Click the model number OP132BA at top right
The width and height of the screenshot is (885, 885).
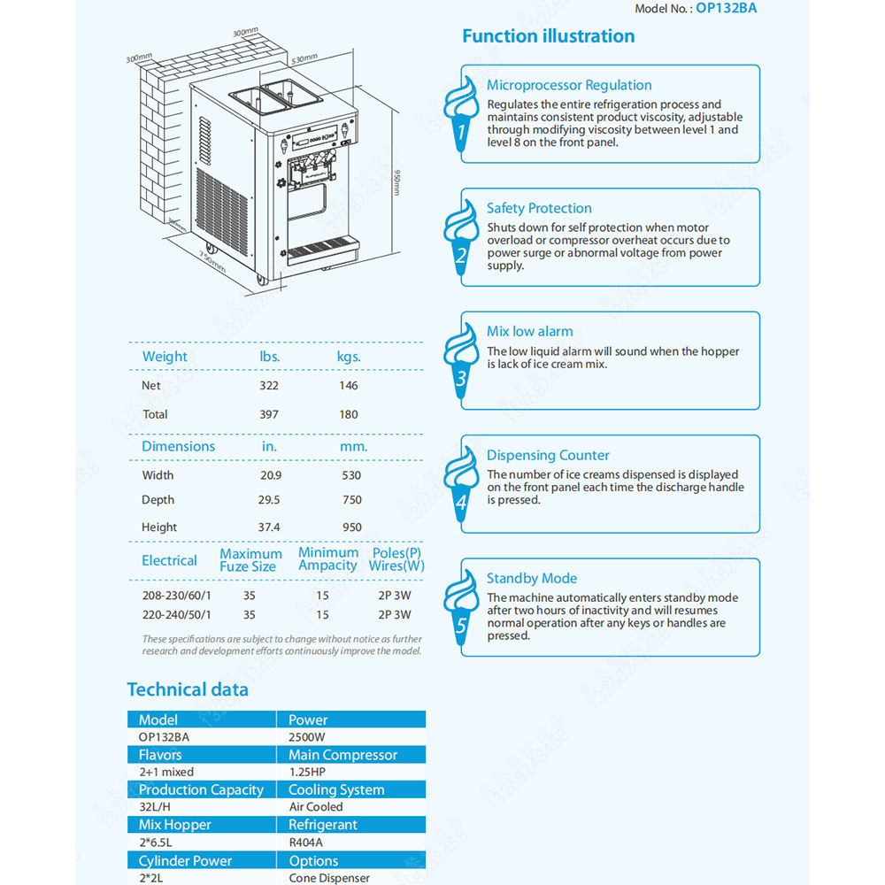tap(727, 9)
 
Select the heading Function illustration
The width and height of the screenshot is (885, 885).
tap(548, 36)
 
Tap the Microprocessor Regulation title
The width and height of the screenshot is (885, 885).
tap(569, 85)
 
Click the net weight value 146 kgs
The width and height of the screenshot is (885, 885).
tap(349, 386)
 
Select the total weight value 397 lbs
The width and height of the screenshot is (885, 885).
tap(269, 414)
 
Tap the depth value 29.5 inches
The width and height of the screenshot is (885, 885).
tap(269, 500)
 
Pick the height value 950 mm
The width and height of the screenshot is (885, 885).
tap(352, 527)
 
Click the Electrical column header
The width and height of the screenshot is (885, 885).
tap(169, 560)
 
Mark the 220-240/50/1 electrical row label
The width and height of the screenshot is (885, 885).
tap(177, 614)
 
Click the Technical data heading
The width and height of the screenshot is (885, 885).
tap(188, 689)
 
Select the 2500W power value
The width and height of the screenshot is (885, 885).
tap(308, 736)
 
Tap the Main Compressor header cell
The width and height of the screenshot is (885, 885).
tap(342, 755)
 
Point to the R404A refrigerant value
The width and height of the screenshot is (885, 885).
tap(307, 842)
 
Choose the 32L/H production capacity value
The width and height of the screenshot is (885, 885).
tap(154, 806)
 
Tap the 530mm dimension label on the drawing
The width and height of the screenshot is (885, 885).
tap(304, 59)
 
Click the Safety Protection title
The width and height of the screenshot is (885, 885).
tap(539, 208)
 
